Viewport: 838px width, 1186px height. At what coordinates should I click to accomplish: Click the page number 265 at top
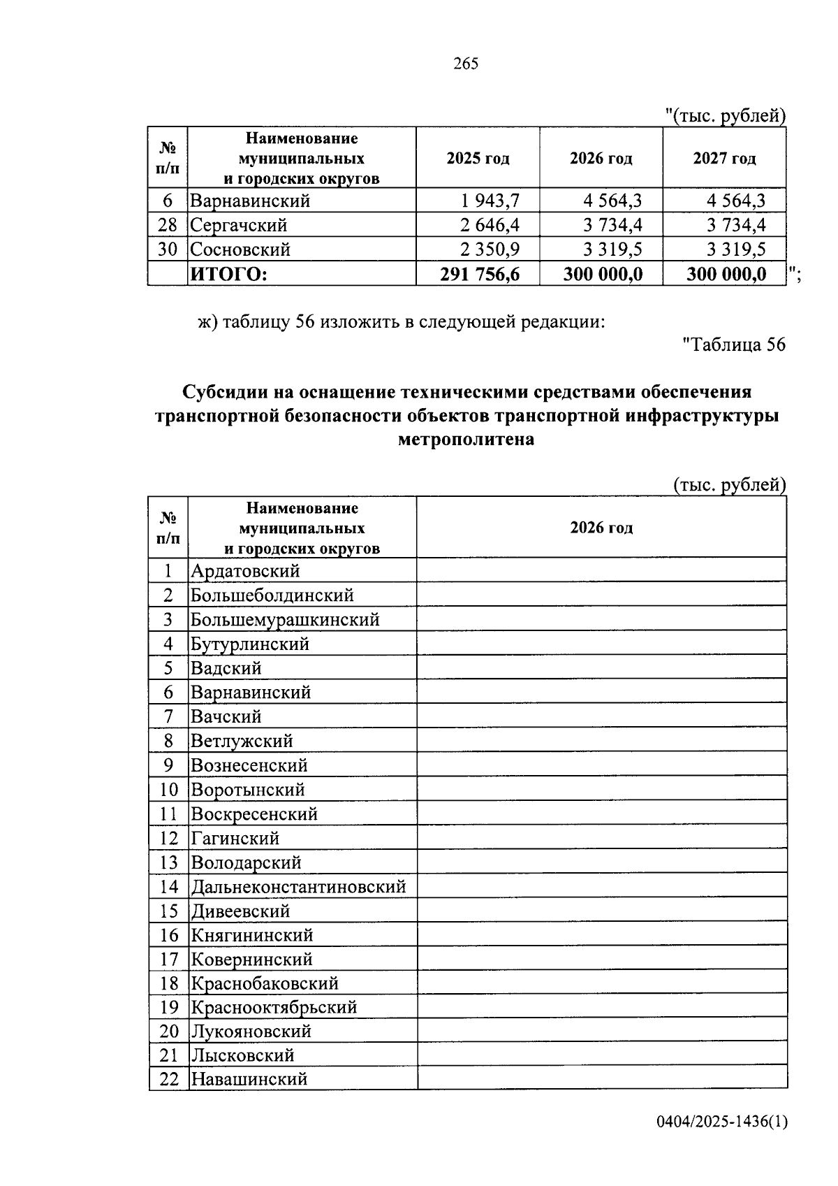[x=466, y=64]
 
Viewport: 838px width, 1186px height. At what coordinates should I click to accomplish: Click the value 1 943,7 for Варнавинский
[x=490, y=201]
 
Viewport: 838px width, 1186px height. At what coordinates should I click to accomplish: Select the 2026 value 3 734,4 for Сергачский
[x=612, y=225]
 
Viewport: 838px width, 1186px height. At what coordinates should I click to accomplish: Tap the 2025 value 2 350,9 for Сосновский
[x=490, y=250]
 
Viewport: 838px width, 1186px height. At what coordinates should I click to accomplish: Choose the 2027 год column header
[x=724, y=159]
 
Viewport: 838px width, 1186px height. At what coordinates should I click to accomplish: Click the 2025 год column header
[x=478, y=159]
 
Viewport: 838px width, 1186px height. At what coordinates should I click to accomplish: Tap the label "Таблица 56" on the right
[x=733, y=345]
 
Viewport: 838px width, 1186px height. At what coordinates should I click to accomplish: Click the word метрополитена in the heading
[x=466, y=440]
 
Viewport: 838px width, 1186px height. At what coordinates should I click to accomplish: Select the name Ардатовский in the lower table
[x=245, y=571]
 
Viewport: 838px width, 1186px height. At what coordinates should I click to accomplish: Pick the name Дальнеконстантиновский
[x=298, y=887]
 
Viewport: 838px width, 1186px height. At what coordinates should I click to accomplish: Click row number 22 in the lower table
[x=169, y=1079]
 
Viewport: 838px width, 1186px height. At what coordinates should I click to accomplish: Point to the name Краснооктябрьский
[x=274, y=1007]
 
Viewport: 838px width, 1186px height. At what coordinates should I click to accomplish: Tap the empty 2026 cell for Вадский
[x=601, y=668]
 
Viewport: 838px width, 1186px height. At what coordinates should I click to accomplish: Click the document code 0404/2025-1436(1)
[x=721, y=1122]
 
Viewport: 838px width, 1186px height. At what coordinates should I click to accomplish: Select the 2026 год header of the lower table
[x=601, y=528]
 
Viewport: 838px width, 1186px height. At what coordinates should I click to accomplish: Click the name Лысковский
[x=242, y=1055]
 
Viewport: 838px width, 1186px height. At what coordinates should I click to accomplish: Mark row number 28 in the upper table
[x=168, y=225]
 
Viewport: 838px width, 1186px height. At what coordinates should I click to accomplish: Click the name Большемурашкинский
[x=285, y=619]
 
